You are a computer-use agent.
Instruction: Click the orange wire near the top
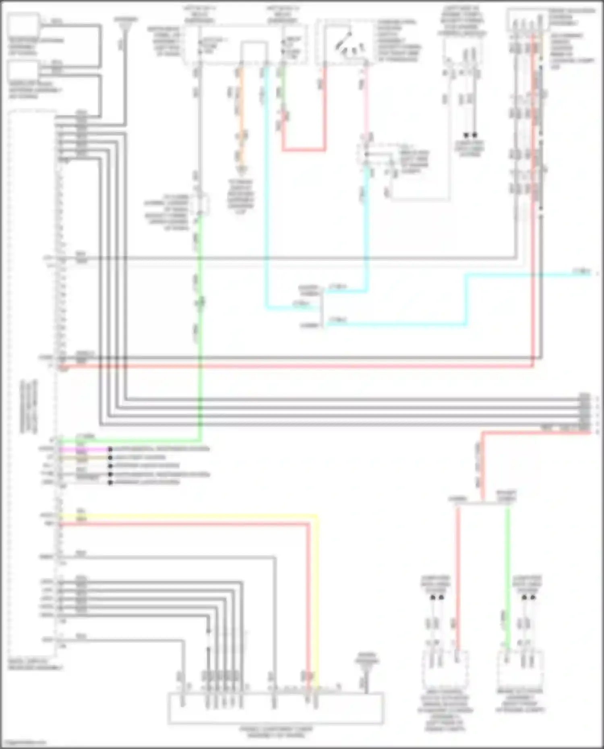click(241, 117)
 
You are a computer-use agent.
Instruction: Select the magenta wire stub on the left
click(85, 449)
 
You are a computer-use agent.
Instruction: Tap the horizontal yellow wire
click(189, 516)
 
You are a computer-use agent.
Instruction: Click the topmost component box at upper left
click(24, 25)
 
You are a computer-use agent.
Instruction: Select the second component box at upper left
click(24, 72)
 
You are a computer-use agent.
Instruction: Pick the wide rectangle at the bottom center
click(275, 708)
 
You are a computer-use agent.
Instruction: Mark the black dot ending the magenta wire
click(110, 449)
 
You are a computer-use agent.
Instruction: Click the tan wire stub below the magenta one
click(85, 458)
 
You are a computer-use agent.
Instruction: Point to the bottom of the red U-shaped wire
click(304, 149)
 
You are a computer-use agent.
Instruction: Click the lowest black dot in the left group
click(110, 482)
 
